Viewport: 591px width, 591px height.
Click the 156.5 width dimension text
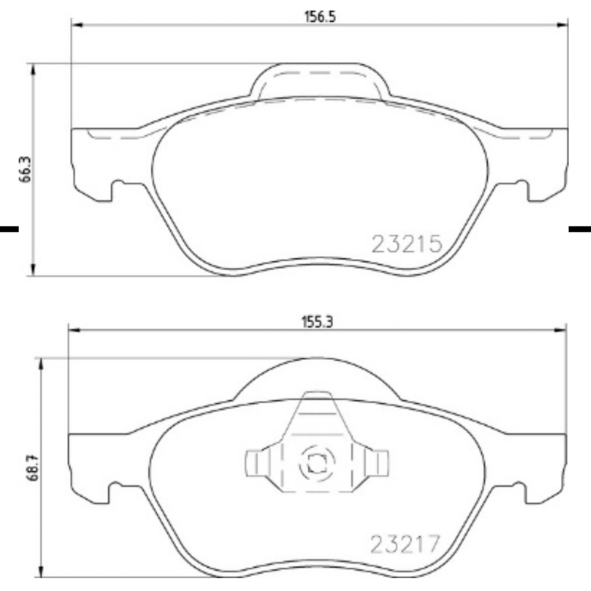(320, 17)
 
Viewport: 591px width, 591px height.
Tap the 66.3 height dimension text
(26, 169)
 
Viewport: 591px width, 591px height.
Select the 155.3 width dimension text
(317, 322)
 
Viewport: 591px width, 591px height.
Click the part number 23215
(407, 244)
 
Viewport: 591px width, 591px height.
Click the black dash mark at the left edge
(9, 229)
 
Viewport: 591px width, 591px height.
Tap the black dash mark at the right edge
(579, 229)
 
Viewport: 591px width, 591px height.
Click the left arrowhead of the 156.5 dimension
(77, 24)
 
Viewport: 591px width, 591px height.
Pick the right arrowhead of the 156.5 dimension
(562, 24)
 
